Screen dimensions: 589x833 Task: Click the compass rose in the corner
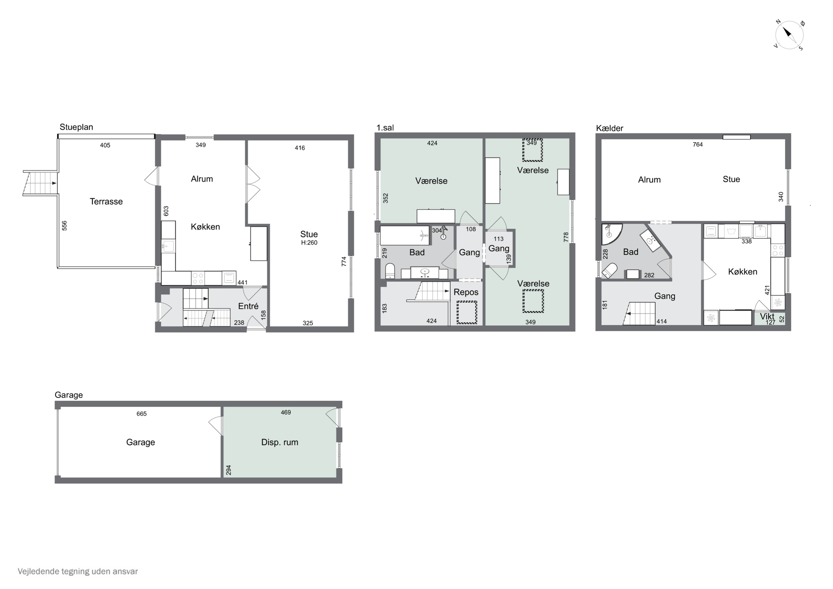pyautogui.click(x=789, y=35)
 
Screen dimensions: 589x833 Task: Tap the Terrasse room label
pyautogui.click(x=106, y=201)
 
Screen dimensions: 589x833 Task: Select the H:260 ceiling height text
pyautogui.click(x=309, y=243)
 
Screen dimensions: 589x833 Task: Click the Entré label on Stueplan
pyautogui.click(x=248, y=306)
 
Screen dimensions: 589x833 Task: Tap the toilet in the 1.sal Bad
pyautogui.click(x=390, y=271)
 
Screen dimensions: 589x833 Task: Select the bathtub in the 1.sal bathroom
pyautogui.click(x=405, y=235)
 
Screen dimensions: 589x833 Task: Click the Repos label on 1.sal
pyautogui.click(x=466, y=292)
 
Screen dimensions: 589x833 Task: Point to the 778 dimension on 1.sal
pyautogui.click(x=566, y=237)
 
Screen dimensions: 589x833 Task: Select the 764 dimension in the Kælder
pyautogui.click(x=698, y=144)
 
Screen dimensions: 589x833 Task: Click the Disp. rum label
pyautogui.click(x=280, y=442)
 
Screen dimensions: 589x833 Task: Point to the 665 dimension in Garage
pyautogui.click(x=142, y=414)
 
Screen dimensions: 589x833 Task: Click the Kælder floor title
pyautogui.click(x=609, y=128)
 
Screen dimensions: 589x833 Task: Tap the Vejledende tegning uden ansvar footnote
pyautogui.click(x=78, y=572)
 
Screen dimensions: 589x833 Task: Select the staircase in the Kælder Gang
pyautogui.click(x=640, y=314)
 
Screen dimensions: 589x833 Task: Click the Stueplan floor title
pyautogui.click(x=76, y=127)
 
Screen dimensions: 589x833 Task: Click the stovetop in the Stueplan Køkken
pyautogui.click(x=198, y=278)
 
